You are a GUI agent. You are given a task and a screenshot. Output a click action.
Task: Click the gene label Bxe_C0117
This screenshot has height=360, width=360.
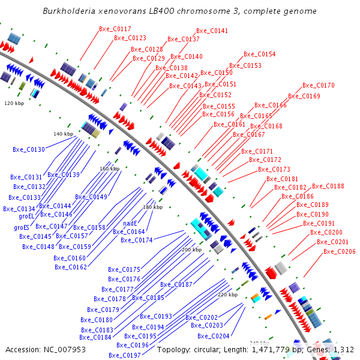click(115, 29)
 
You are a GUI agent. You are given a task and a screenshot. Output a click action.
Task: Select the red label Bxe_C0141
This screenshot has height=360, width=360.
click(212, 31)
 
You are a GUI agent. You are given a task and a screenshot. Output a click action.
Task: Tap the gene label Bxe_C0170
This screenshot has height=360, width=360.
click(318, 85)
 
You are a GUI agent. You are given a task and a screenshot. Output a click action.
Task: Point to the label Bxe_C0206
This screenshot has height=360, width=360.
click(339, 251)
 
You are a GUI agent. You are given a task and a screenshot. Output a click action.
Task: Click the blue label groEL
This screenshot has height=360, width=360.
click(27, 216)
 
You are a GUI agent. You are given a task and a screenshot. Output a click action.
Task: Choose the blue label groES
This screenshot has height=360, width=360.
click(22, 227)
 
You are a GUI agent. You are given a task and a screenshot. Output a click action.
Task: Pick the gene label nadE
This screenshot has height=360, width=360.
click(130, 223)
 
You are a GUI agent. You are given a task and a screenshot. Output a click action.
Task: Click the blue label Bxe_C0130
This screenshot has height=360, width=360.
click(29, 149)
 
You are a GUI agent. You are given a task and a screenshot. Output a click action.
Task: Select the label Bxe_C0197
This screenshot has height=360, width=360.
click(124, 355)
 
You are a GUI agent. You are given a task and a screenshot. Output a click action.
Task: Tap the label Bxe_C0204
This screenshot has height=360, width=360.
click(213, 336)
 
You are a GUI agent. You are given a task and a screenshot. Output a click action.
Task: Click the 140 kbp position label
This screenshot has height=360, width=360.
click(63, 134)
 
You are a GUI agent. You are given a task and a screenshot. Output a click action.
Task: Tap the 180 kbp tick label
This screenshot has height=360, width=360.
click(152, 207)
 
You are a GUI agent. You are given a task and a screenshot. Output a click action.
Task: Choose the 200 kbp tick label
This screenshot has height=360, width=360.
click(191, 249)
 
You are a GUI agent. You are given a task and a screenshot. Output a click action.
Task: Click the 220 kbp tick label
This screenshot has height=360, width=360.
click(227, 295)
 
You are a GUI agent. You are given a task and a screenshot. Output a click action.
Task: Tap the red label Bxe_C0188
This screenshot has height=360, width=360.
click(328, 186)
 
